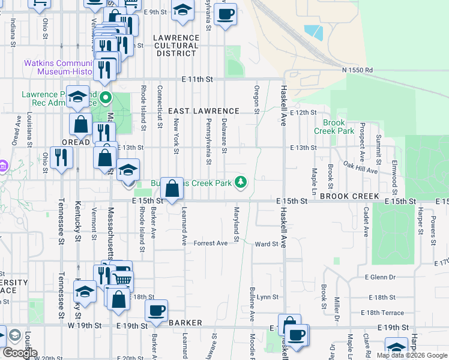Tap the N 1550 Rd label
[x=358, y=70]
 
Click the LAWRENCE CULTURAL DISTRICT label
[x=176, y=45]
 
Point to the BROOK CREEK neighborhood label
[x=349, y=196]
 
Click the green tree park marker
[x=241, y=181]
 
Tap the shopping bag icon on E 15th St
[x=172, y=188]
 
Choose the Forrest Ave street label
[x=211, y=243]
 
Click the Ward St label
[x=267, y=244]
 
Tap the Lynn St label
[x=267, y=297]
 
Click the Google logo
[x=19, y=353]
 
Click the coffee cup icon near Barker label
[x=157, y=311]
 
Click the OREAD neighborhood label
[x=76, y=142]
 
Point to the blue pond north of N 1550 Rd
[x=313, y=32]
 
